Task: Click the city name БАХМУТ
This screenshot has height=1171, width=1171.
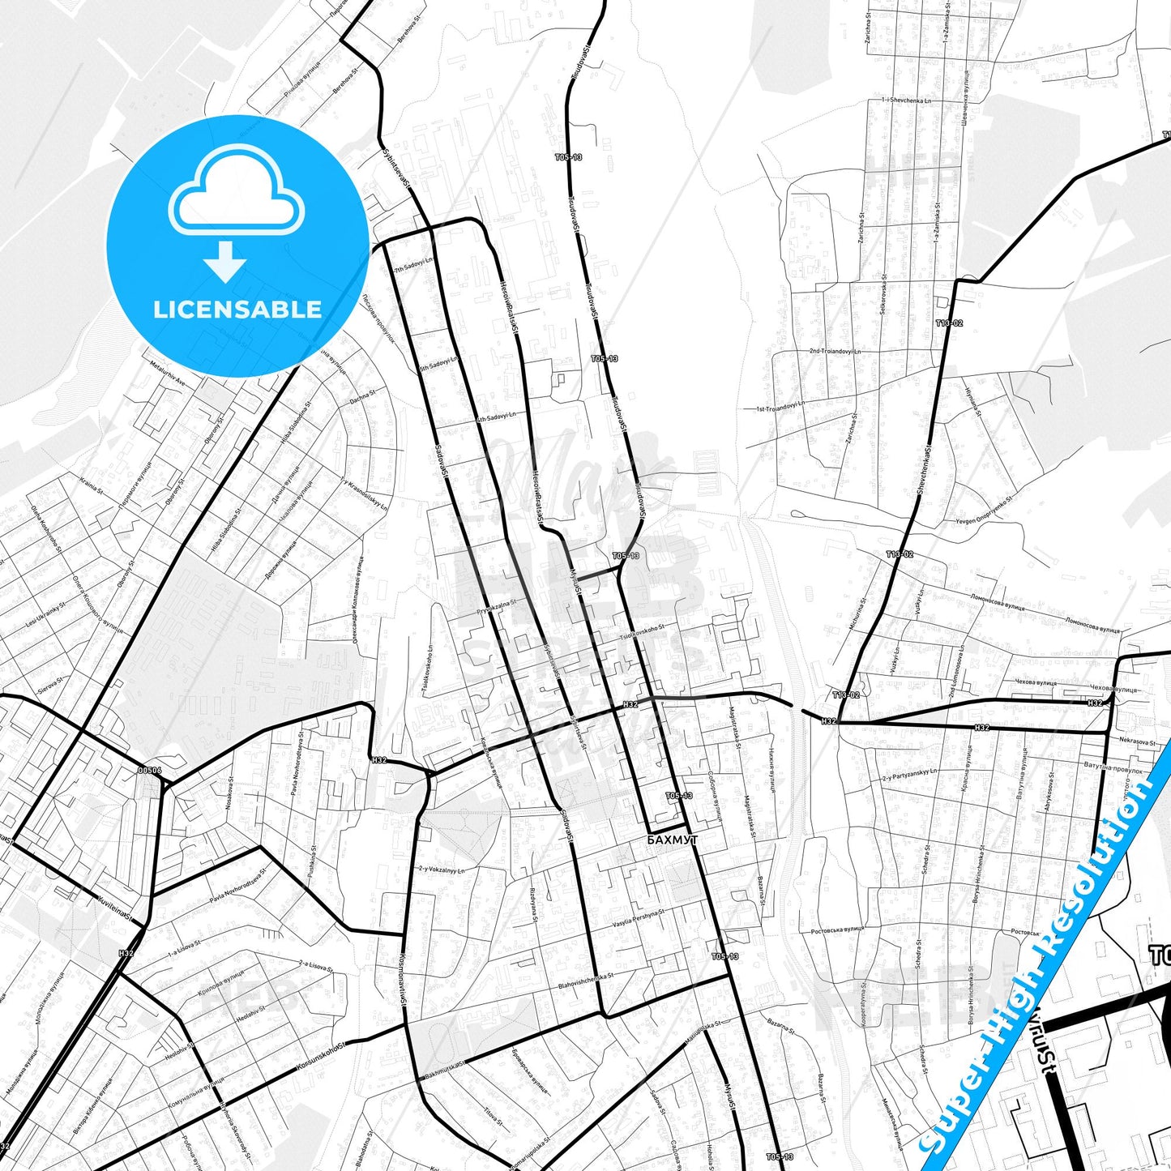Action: pos(673,840)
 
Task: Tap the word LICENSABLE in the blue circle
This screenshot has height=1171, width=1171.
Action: pos(237,309)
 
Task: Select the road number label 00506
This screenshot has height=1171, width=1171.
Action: pos(150,771)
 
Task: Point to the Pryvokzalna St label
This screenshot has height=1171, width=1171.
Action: pos(497,607)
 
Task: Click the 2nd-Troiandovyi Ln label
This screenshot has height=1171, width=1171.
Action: pos(835,352)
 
